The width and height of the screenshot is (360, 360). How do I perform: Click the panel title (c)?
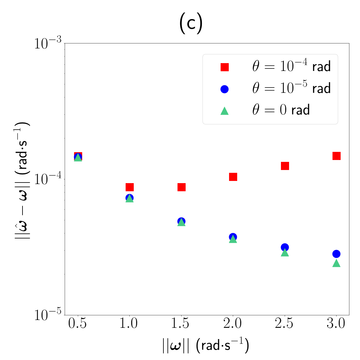191,23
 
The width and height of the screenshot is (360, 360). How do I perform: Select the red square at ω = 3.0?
336,156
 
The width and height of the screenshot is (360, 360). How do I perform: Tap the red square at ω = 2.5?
285,166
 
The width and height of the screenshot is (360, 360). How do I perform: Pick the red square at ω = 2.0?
233,177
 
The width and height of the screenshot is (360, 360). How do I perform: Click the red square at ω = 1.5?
181,187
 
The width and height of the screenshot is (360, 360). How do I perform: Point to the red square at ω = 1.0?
130,187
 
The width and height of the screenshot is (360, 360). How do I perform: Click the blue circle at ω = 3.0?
336,254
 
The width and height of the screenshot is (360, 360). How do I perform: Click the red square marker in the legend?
225,67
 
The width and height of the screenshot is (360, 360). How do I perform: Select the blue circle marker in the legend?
225,89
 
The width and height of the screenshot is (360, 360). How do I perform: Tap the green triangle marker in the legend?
225,111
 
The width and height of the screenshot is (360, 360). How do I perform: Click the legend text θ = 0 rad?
281,110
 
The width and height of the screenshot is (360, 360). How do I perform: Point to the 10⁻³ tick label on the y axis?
48,43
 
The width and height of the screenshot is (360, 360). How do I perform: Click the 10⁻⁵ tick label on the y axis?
48,315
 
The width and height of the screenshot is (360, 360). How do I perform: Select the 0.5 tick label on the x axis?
77,323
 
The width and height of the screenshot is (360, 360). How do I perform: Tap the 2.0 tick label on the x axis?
232,323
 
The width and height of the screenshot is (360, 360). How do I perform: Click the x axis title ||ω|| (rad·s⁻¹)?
206,345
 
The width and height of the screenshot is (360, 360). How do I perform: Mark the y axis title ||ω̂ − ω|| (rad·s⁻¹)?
22,180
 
